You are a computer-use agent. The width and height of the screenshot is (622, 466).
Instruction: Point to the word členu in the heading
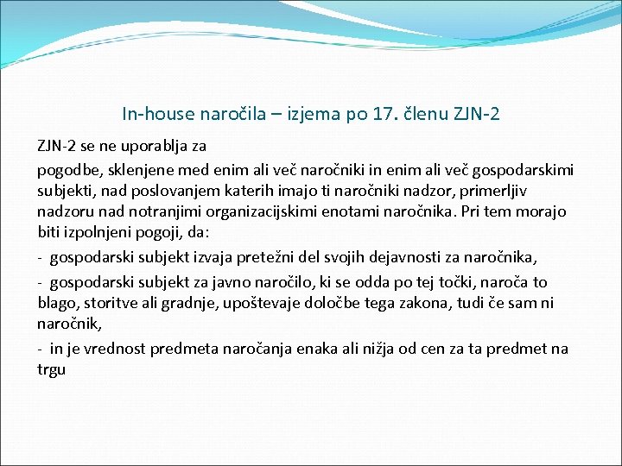click(x=428, y=113)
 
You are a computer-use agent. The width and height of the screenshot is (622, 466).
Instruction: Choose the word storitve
click(x=106, y=303)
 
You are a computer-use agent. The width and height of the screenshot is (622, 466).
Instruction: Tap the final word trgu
click(x=51, y=369)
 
